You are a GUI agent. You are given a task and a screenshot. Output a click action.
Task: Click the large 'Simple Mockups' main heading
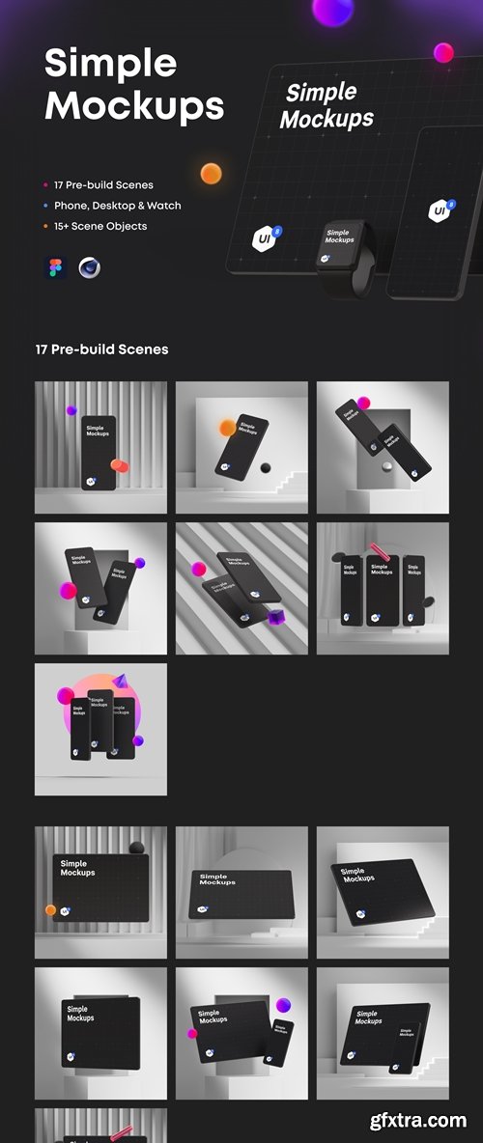133,84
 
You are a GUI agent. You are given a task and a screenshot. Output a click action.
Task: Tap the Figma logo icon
54,267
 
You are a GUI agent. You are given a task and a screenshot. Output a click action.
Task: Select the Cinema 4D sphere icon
89,267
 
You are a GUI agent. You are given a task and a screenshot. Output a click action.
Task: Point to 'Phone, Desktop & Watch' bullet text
118,205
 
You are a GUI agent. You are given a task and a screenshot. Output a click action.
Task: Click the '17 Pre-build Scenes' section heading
101,349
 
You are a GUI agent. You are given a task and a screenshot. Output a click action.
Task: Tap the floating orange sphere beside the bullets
211,175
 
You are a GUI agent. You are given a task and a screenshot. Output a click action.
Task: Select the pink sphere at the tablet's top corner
443,52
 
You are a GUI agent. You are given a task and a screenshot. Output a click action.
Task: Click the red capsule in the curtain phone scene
121,465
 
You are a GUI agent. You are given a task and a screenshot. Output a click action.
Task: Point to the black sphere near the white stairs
266,468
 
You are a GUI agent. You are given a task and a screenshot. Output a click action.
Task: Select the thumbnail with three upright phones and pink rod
383,588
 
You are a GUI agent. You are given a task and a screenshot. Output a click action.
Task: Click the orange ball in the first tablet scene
50,909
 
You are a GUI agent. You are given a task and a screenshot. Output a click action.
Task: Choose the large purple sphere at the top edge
333,10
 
